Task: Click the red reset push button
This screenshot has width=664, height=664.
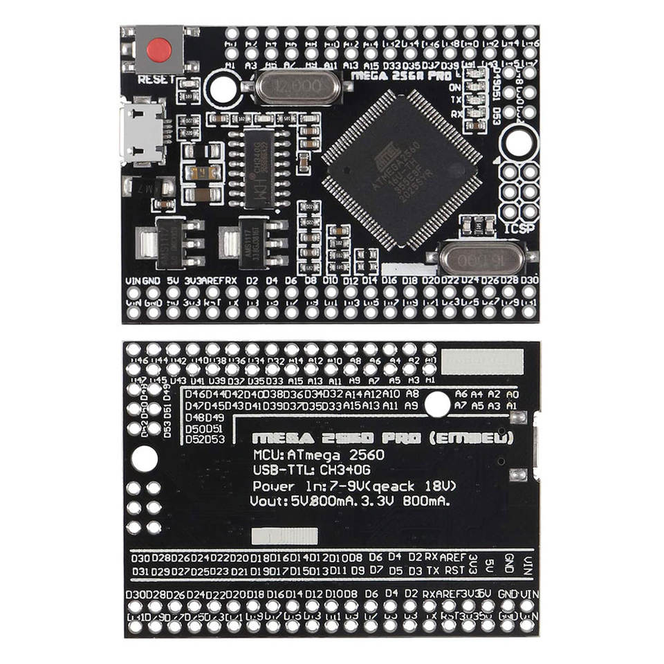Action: pyautogui.click(x=159, y=49)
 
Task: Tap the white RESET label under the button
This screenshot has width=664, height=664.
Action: pyautogui.click(x=156, y=80)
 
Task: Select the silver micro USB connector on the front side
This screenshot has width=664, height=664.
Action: pyautogui.click(x=142, y=131)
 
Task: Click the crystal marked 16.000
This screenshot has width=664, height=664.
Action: pyautogui.click(x=479, y=258)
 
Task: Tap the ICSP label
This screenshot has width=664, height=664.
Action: pyautogui.click(x=520, y=228)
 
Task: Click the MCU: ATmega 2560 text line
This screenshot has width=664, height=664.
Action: pyautogui.click(x=318, y=455)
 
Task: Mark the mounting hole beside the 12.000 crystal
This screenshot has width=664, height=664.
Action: pyautogui.click(x=221, y=89)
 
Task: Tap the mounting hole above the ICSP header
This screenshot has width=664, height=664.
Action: pyautogui.click(x=518, y=141)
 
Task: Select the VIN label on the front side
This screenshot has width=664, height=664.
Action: pyautogui.click(x=133, y=281)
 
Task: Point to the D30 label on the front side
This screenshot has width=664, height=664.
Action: pyautogui.click(x=530, y=280)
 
